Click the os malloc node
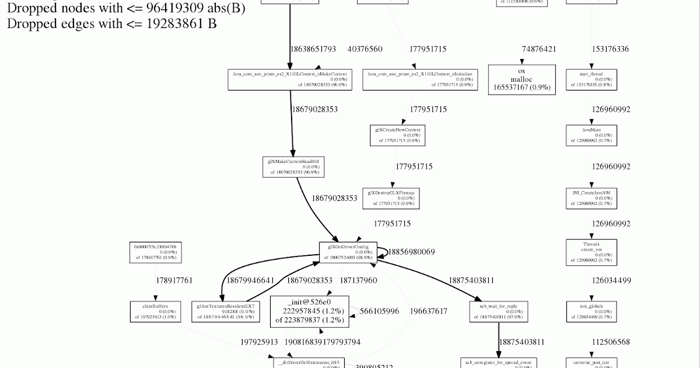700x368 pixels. (522, 79)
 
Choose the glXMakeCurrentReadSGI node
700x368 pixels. (293, 166)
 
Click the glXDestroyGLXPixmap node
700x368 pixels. (391, 198)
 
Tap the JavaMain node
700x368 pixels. (591, 135)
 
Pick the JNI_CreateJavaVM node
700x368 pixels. (591, 198)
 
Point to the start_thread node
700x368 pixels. (591, 79)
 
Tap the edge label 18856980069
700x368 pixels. (411, 252)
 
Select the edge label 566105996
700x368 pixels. (379, 311)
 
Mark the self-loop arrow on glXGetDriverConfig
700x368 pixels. (384, 252)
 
